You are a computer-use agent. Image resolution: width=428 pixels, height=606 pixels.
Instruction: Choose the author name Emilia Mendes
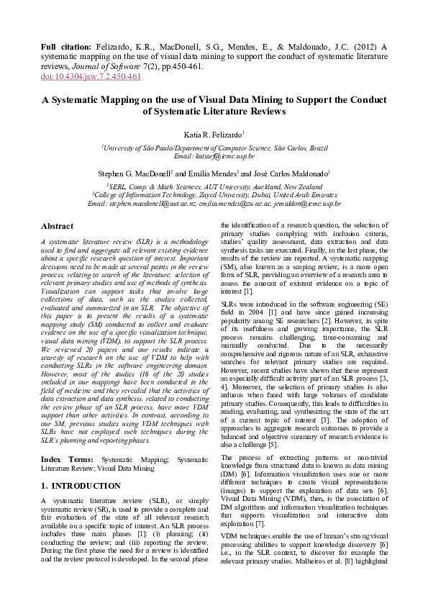(x=217, y=174)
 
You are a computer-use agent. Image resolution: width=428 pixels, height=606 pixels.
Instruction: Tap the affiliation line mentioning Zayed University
(x=214, y=194)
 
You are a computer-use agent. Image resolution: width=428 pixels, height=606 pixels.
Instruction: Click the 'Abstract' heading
(x=57, y=226)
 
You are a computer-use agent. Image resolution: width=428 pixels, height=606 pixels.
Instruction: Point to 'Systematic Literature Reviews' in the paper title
(x=214, y=112)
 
